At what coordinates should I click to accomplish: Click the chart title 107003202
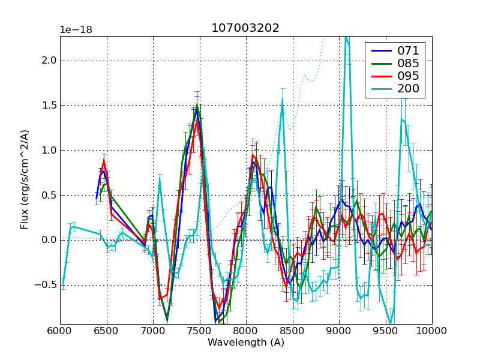tap(245, 28)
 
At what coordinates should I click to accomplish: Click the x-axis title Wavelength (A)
tap(246, 343)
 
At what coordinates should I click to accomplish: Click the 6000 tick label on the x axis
tap(60, 331)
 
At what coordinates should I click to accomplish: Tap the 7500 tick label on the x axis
tap(199, 331)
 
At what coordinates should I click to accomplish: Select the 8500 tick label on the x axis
tap(292, 331)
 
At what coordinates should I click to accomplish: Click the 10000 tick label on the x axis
tap(432, 331)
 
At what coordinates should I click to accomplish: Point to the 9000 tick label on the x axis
tap(339, 331)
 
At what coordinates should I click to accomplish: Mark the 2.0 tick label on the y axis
tap(49, 60)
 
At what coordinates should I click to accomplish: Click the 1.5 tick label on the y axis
tap(49, 105)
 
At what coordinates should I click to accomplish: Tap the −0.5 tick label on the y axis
tap(47, 285)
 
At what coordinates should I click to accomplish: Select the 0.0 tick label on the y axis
tap(49, 240)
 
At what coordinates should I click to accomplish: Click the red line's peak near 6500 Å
tap(104, 161)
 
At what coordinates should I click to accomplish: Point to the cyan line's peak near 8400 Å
tap(282, 100)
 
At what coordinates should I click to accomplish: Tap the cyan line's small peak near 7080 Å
tap(160, 175)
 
